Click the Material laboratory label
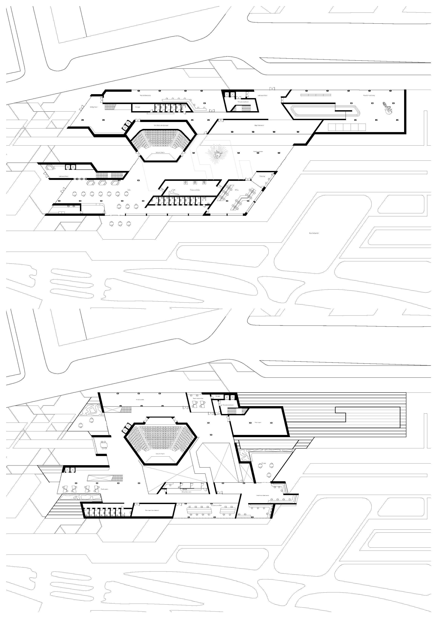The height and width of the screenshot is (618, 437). click(145, 95)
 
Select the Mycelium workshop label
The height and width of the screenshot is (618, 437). click(369, 95)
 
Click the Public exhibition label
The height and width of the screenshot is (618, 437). click(258, 152)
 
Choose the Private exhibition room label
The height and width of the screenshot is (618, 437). click(195, 190)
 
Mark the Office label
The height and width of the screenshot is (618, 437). click(237, 190)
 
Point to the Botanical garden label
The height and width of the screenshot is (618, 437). click(314, 233)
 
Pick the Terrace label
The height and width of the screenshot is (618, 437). click(264, 463)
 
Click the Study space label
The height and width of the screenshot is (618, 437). click(104, 489)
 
